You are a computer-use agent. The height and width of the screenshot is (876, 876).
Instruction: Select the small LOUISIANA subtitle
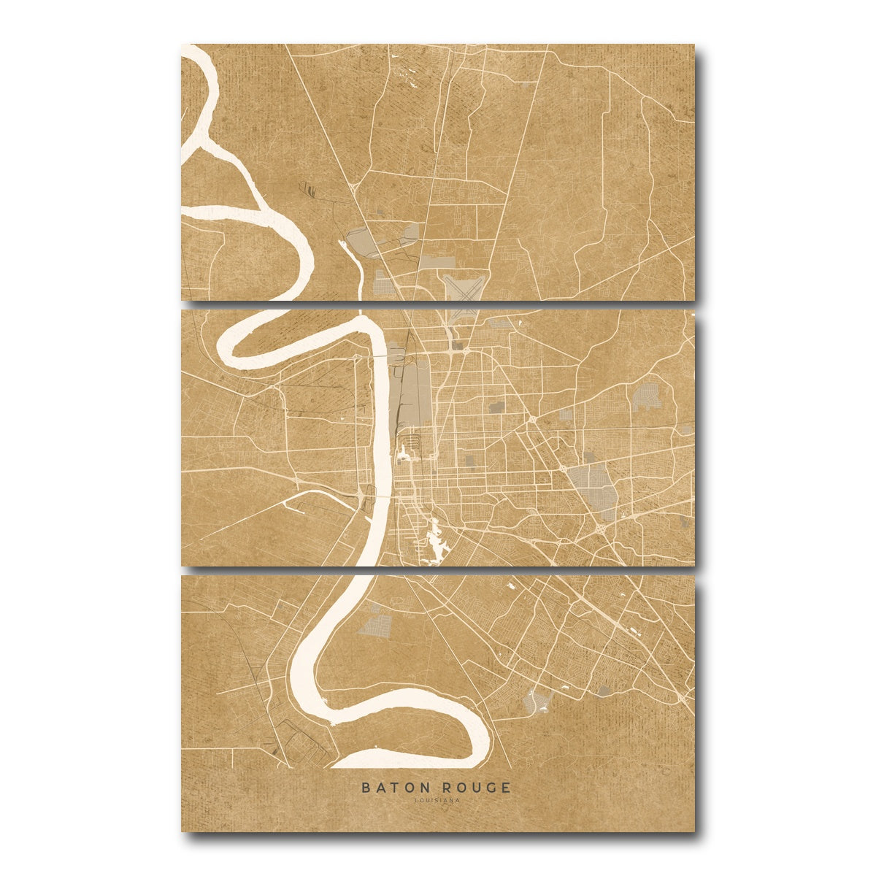pos(437,800)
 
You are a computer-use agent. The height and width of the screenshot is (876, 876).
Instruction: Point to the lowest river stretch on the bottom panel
pos(409,759)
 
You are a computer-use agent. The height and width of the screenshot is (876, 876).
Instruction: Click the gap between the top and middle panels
pos(438,305)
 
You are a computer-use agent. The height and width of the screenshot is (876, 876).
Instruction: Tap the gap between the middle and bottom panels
pos(438,571)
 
